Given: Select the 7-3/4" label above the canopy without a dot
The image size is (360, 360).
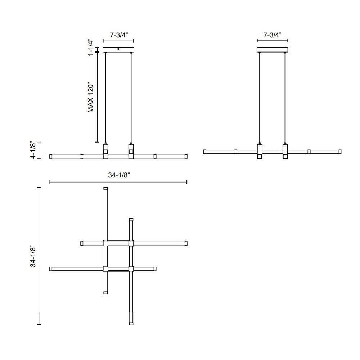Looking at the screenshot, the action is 273,35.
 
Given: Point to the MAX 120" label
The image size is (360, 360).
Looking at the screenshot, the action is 91,97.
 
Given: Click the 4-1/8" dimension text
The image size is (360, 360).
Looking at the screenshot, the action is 33,150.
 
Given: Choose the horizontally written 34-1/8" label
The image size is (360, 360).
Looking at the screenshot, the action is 119,175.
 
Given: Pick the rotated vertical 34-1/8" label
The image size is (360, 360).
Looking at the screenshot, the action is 33,256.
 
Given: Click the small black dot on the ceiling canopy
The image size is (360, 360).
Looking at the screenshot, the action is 118,49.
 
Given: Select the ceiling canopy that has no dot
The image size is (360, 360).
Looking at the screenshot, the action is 273,50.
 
